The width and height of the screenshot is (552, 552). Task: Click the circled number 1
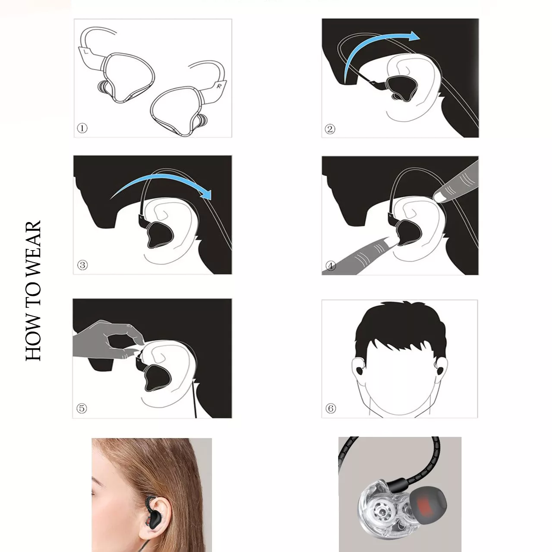pyautogui.click(x=82, y=128)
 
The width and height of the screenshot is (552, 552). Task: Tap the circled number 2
pyautogui.click(x=330, y=129)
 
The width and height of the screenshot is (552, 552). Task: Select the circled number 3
pyautogui.click(x=82, y=265)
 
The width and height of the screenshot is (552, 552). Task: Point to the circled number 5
pyautogui.click(x=82, y=408)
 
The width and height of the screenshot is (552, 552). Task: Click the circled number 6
pyautogui.click(x=331, y=408)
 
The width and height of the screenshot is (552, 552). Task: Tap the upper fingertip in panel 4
pyautogui.click(x=439, y=197)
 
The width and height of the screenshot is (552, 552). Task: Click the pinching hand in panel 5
pyautogui.click(x=109, y=340)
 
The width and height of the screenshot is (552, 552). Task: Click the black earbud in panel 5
pyautogui.click(x=157, y=378)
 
